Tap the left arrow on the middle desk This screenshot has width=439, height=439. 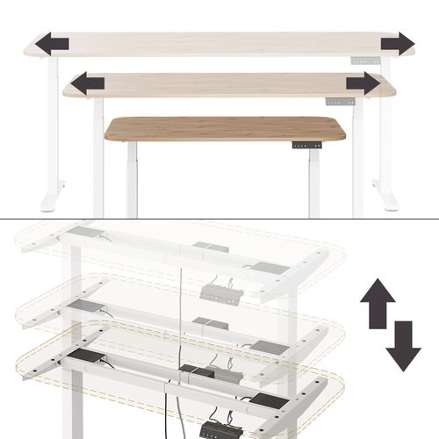point(88,84)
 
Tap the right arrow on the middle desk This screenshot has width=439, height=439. point(362,84)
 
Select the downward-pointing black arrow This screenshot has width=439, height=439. point(403,345)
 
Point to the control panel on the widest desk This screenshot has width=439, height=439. point(365,61)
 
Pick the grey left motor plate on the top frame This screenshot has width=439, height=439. point(86,233)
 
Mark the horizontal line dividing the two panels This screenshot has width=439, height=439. point(219,219)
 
